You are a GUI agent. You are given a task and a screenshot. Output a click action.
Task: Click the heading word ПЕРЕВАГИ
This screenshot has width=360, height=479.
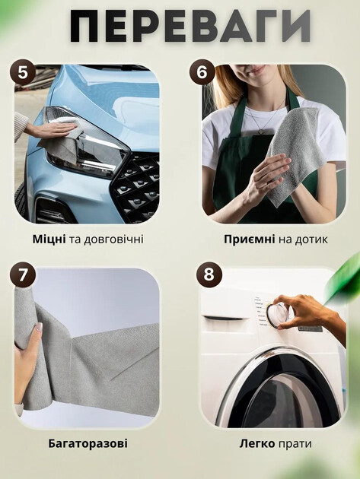pos(190,27)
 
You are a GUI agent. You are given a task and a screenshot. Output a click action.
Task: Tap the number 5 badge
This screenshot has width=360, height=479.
pos(23,72)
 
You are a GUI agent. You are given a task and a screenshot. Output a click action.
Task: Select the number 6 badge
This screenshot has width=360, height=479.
pos(202,72)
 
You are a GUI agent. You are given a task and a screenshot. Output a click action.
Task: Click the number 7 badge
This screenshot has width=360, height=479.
pos(23,274)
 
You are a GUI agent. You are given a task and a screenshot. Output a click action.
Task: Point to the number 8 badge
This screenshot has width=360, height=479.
pos(209,274)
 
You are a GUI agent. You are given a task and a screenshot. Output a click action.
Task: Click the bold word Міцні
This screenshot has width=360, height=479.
pos(49,239)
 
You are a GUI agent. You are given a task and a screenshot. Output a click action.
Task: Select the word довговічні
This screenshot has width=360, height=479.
pos(113,239)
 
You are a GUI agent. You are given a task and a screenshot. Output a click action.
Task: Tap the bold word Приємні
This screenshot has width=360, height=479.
pos(250,239)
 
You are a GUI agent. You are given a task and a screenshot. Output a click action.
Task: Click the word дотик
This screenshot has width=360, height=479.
pos(311,239)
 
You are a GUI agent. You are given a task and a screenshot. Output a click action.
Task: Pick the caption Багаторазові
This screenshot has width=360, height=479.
pos(88,443)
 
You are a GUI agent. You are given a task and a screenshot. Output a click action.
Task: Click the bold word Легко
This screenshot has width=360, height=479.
pos(257,443)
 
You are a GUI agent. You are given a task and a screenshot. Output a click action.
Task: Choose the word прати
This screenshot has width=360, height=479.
pos(295,444)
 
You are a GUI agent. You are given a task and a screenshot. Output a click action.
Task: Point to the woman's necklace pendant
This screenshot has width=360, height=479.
pos(261,131)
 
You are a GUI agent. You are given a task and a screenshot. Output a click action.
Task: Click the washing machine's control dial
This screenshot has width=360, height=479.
pos(277,315)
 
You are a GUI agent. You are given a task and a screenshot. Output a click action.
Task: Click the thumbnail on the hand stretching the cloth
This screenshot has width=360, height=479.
pos(39,328)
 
